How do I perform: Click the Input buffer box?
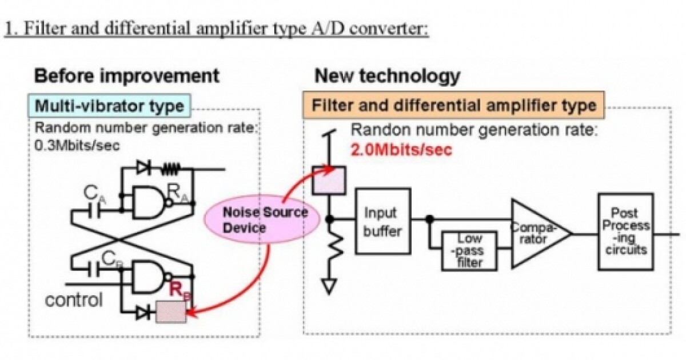(x=382, y=221)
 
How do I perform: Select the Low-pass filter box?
(x=469, y=250)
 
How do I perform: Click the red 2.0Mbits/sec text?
(x=401, y=150)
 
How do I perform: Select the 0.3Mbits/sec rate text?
(x=77, y=145)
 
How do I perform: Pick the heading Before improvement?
(x=127, y=75)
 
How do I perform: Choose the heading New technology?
(x=387, y=75)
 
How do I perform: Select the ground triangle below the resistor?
(x=329, y=286)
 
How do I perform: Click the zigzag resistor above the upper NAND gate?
(x=170, y=169)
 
